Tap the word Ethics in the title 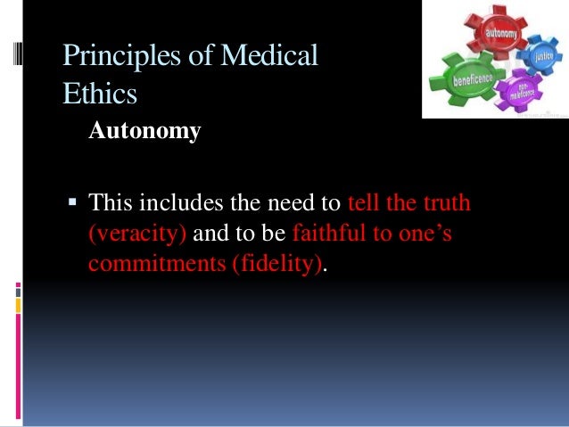pos(99,92)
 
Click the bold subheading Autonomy pos(144,133)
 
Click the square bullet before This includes pos(74,202)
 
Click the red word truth pos(443,203)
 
